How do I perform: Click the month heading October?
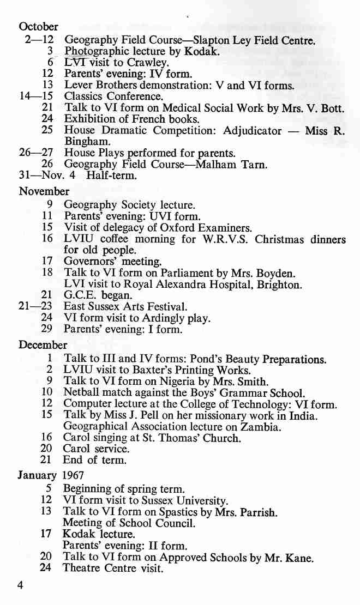[x=38, y=26]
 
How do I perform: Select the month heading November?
[x=44, y=191]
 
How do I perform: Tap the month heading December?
[x=43, y=345]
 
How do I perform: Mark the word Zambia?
[x=262, y=427]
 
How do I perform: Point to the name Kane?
[x=301, y=558]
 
